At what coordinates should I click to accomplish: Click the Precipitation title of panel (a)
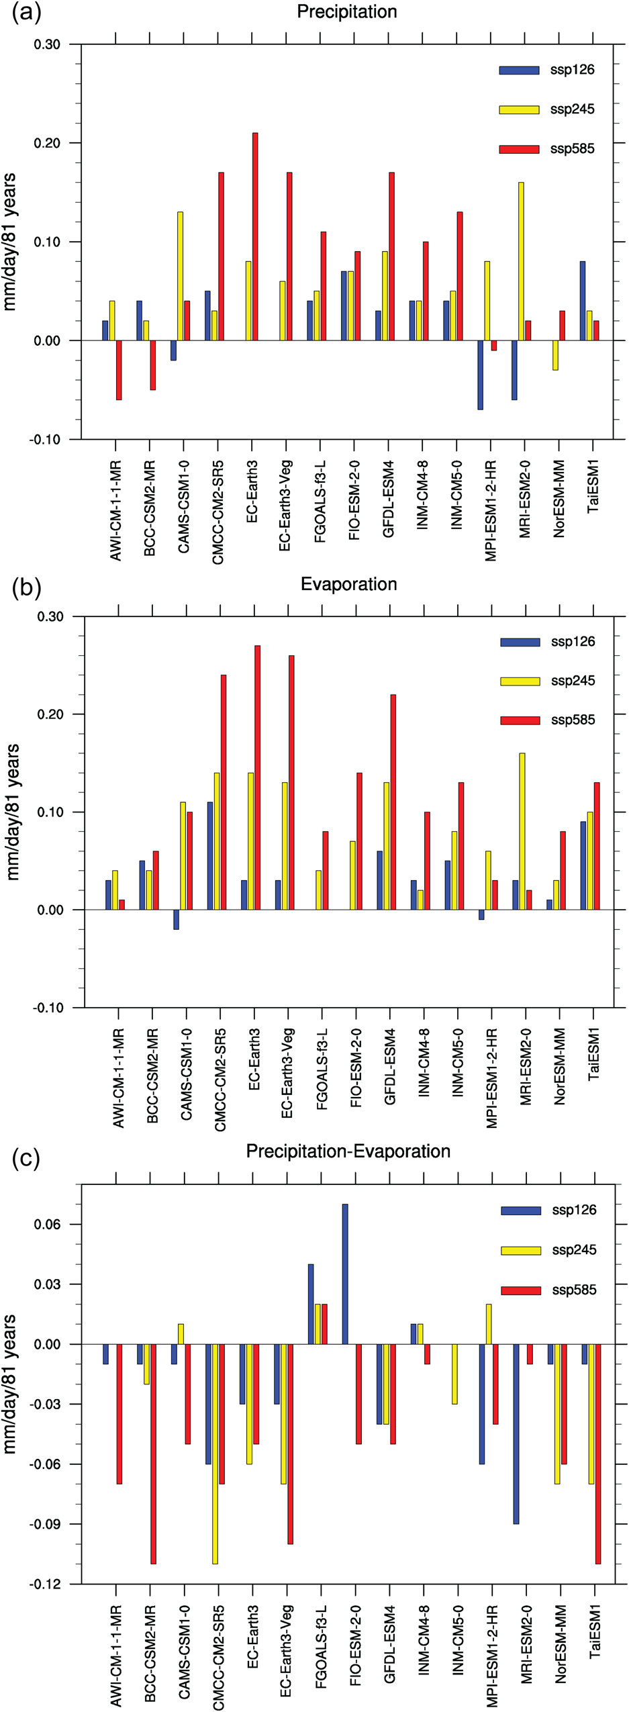click(x=346, y=12)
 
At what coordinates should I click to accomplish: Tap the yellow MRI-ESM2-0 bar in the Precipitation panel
click(x=521, y=261)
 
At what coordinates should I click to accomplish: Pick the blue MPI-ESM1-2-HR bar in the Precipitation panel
click(x=481, y=375)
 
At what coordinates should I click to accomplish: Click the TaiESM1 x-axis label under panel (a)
click(x=593, y=487)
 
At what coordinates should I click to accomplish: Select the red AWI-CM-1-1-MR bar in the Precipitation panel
click(x=119, y=370)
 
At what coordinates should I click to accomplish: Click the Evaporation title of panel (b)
click(x=348, y=584)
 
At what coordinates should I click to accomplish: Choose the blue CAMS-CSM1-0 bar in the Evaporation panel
click(x=177, y=919)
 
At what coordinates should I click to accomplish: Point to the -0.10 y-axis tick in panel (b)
click(x=48, y=1008)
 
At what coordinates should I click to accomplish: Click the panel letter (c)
click(x=26, y=1158)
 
